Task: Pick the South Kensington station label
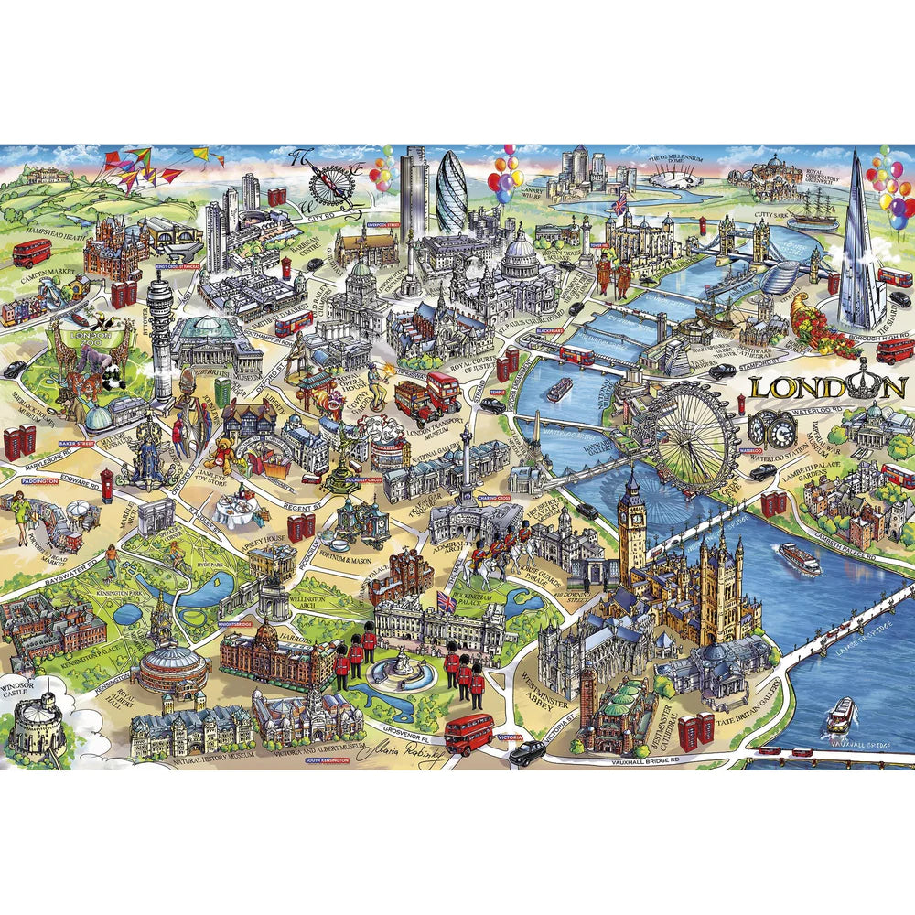tap(326, 761)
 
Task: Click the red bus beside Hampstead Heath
tap(32, 253)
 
